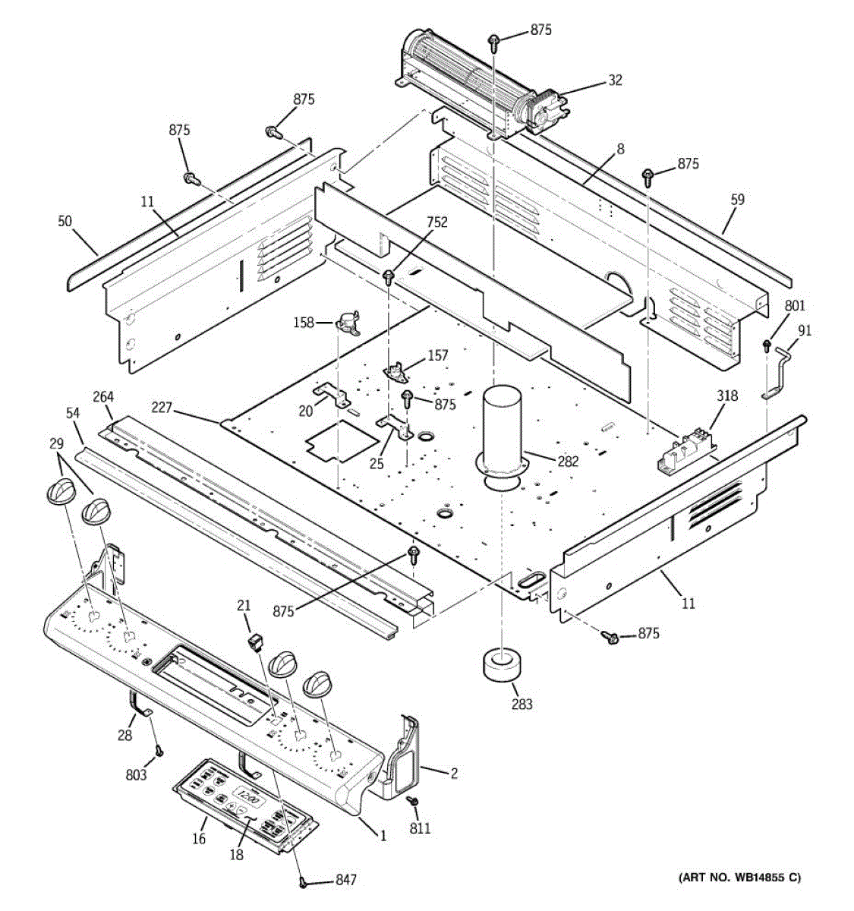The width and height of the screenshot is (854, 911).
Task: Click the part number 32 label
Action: click(x=615, y=80)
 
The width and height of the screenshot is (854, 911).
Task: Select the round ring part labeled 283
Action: click(x=502, y=666)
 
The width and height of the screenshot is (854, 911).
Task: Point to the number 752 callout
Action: click(x=436, y=222)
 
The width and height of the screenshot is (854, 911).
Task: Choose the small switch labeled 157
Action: click(x=395, y=370)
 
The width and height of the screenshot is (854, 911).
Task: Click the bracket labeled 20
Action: click(x=330, y=395)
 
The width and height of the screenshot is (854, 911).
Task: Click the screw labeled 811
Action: click(x=413, y=800)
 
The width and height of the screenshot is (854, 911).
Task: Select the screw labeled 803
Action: click(x=159, y=751)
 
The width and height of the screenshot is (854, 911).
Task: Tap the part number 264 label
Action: click(x=103, y=396)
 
